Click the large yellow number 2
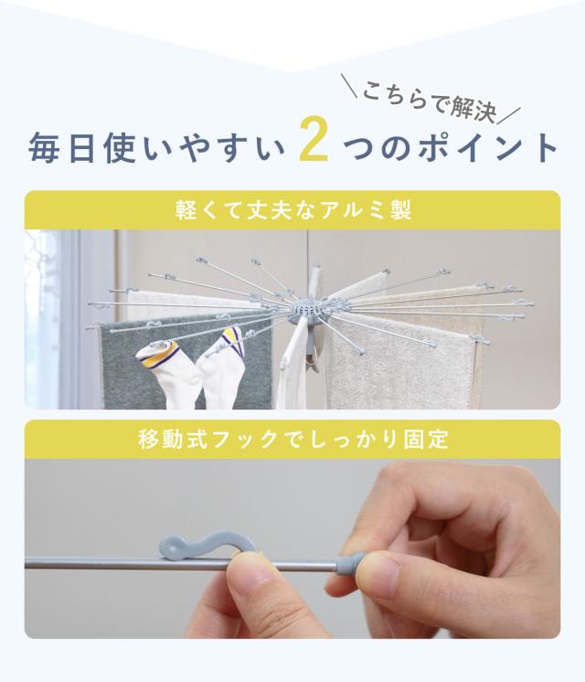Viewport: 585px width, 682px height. pyautogui.click(x=314, y=139)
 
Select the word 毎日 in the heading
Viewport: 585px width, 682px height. pyautogui.click(x=61, y=148)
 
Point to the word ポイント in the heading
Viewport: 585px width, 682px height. pyautogui.click(x=488, y=148)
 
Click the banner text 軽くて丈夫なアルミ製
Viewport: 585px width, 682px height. pyautogui.click(x=293, y=210)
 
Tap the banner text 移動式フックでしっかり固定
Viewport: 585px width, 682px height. pyautogui.click(x=293, y=440)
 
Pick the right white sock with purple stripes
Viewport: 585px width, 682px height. pyautogui.click(x=218, y=369)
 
